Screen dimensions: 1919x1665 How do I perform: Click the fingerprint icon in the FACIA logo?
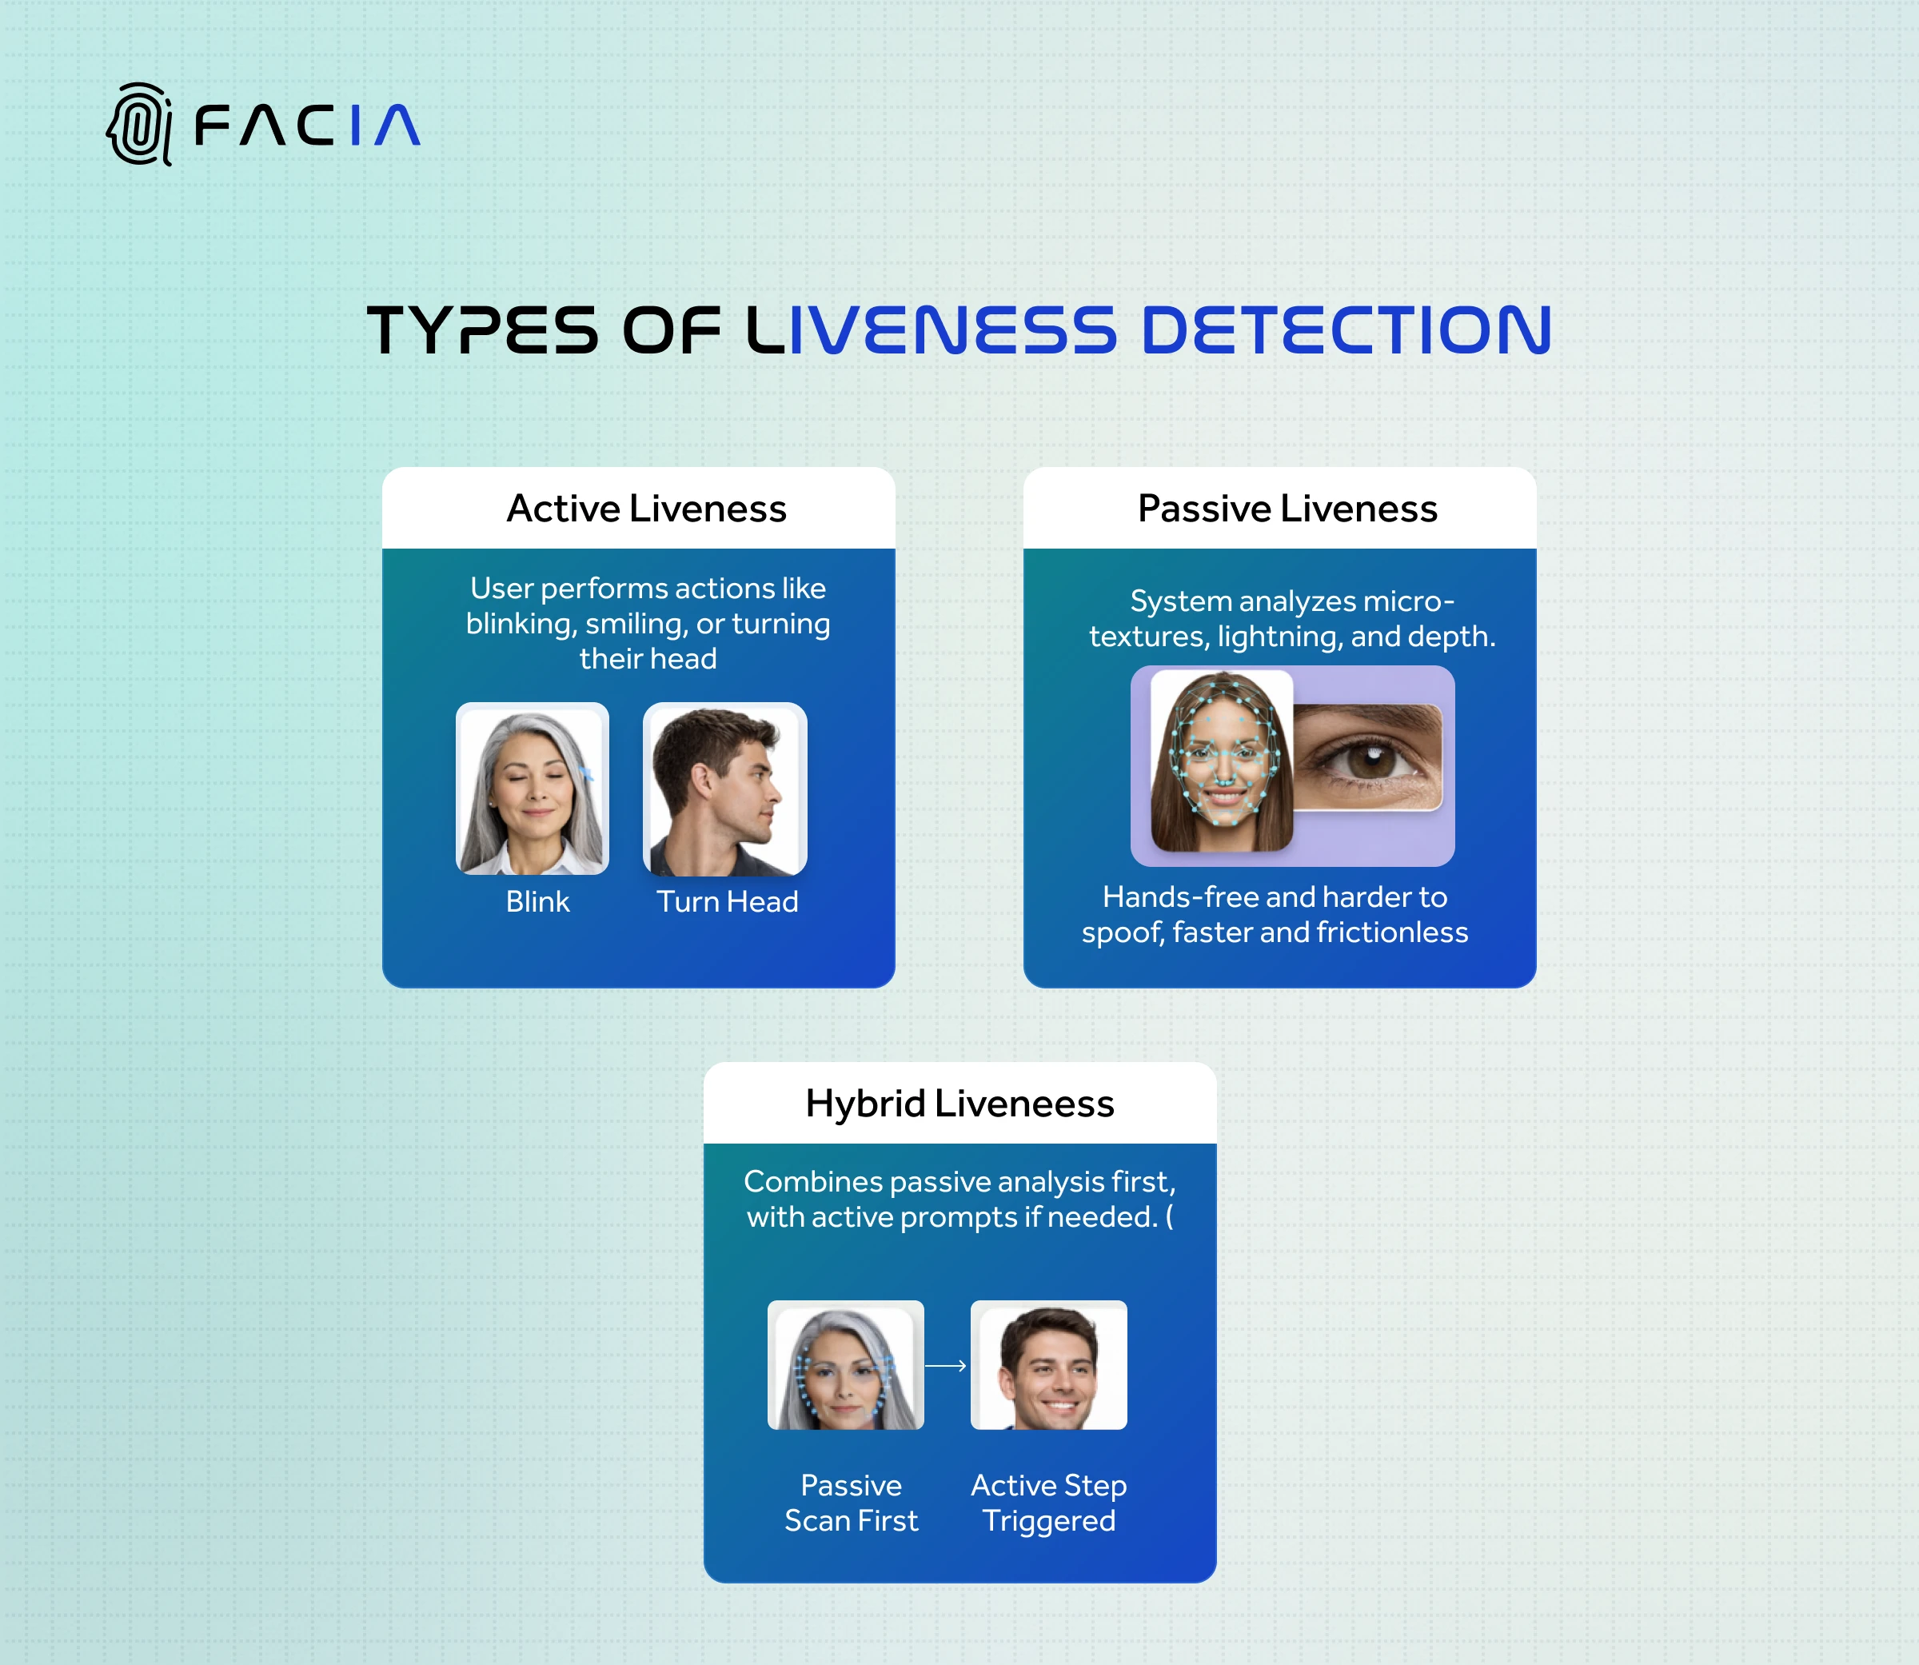point(139,125)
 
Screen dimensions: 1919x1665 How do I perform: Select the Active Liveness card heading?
point(647,509)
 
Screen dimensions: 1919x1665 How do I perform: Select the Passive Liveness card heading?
point(1287,509)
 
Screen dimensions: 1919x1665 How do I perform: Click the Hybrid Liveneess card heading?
point(959,1104)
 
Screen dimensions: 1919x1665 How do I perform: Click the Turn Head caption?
point(728,901)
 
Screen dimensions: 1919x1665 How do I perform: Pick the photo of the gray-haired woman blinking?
point(533,789)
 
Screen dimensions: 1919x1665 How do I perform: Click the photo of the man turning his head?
point(724,789)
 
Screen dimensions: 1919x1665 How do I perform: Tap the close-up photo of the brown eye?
point(1367,757)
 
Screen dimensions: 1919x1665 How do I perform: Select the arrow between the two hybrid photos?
point(947,1366)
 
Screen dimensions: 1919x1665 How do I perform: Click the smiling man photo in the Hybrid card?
point(1049,1365)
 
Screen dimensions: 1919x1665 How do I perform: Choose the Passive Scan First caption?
point(851,1503)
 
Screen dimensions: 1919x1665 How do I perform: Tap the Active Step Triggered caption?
point(1049,1503)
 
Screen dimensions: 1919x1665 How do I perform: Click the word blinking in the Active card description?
point(521,625)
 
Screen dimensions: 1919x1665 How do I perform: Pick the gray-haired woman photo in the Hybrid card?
point(845,1365)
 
